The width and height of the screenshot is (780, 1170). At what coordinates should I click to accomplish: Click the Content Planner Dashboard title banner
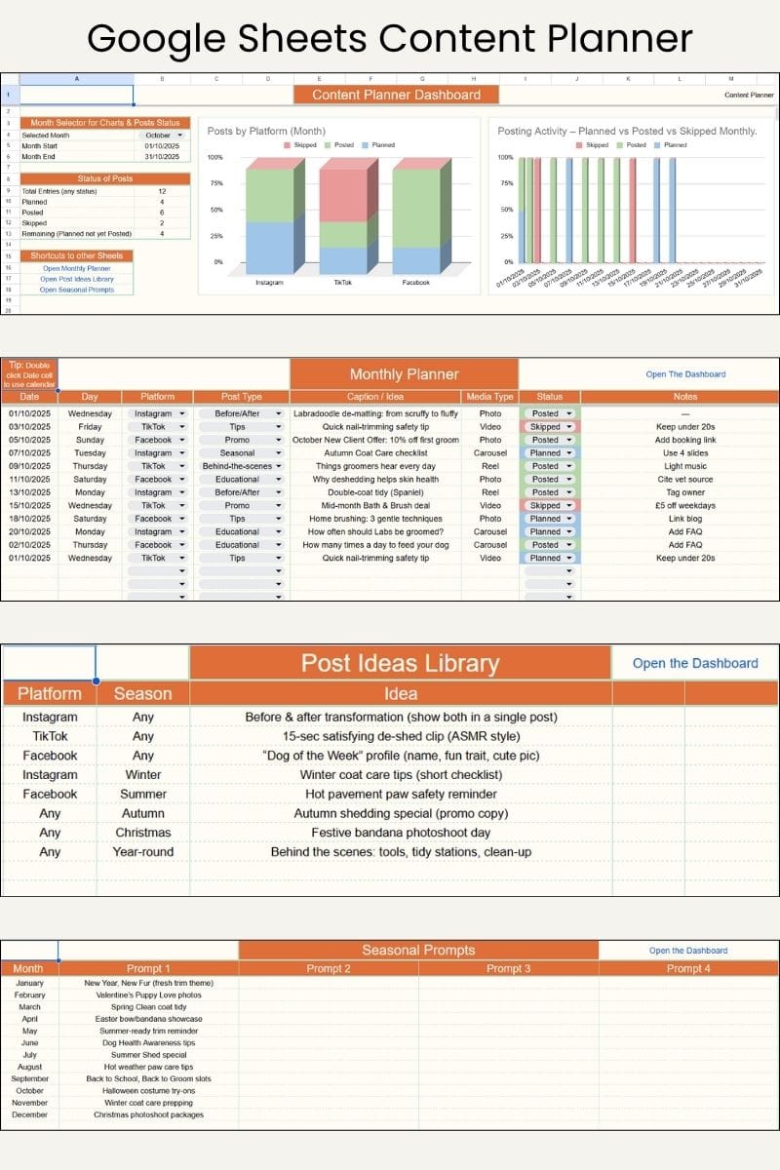[396, 95]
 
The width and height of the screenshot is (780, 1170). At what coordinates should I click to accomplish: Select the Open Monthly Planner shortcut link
[77, 268]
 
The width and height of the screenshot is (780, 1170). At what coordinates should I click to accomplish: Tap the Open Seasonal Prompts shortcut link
[77, 290]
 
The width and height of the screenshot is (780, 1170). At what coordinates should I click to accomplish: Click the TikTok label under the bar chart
[343, 283]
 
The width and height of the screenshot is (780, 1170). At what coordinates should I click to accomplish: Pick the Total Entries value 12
[162, 191]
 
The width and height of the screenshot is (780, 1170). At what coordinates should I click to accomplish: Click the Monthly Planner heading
[404, 374]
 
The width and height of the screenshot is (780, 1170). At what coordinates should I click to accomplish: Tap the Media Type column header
[490, 397]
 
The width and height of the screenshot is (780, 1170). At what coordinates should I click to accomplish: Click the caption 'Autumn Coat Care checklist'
[376, 453]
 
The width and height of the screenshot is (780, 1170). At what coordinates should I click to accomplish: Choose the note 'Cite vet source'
[685, 480]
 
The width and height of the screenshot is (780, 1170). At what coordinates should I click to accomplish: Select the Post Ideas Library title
[400, 664]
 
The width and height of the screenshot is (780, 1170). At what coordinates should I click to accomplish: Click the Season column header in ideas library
[142, 694]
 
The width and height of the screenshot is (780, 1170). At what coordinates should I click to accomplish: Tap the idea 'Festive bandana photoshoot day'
[401, 833]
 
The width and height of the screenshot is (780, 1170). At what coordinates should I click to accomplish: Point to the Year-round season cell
[142, 852]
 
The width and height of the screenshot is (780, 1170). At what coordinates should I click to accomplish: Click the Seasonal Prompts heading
[418, 950]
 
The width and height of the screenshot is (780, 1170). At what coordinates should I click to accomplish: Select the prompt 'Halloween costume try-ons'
[148, 1091]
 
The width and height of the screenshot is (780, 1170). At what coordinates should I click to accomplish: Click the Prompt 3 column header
[508, 968]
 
